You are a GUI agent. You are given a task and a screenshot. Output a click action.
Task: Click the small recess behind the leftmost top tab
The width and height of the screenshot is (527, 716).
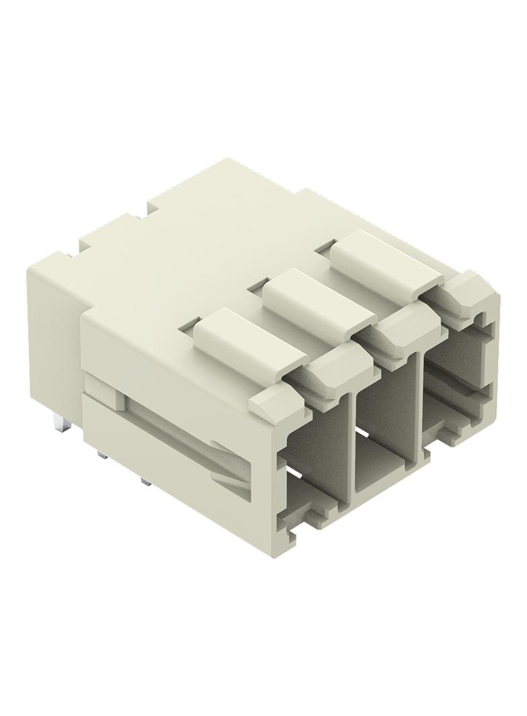pos(190,324)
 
